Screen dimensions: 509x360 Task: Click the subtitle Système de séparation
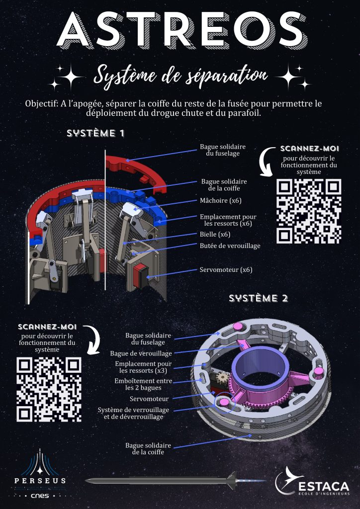180,76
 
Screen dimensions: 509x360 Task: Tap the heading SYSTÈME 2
258,298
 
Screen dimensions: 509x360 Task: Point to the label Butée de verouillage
230,246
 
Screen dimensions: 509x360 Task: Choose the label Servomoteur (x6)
226,270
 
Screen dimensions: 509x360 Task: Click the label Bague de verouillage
141,353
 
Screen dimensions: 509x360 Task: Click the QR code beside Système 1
309,211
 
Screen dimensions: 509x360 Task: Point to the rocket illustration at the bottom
174,481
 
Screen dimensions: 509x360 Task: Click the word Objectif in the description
41,104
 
